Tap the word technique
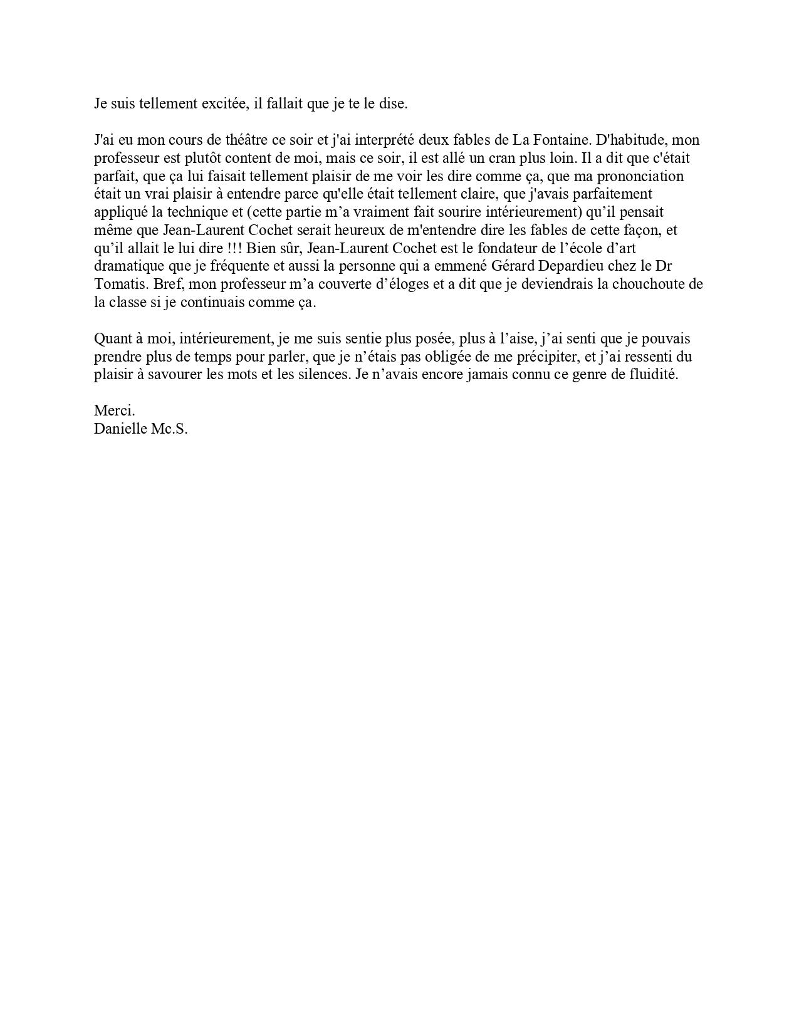198,212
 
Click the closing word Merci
114,411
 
